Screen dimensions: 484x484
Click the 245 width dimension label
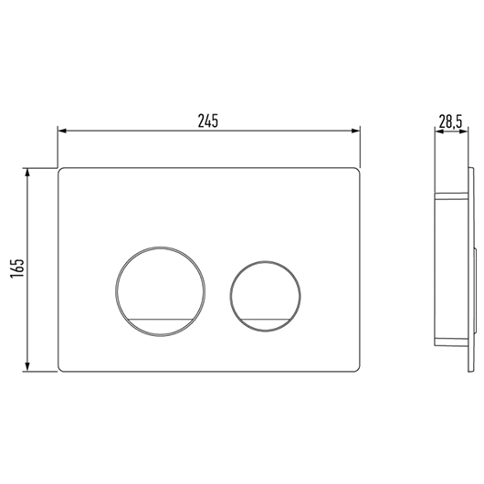tap(208, 121)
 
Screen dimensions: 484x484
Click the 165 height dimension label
tap(17, 268)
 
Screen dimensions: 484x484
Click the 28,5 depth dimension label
tap(450, 122)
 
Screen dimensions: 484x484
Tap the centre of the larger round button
tap(160, 291)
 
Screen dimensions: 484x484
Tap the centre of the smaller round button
tap(265, 296)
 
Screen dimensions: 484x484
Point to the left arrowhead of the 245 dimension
tap(62, 131)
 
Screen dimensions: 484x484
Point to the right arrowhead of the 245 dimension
tap(355, 131)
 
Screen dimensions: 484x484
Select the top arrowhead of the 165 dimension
tap(27, 174)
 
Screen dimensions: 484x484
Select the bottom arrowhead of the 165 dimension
tap(27, 366)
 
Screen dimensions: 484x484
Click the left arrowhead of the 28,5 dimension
tap(439, 132)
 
